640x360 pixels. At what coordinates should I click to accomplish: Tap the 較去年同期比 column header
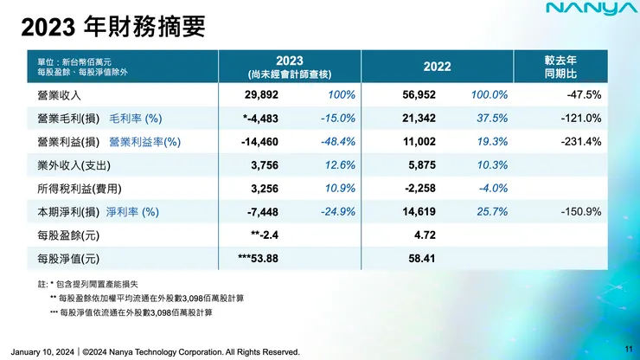(x=573, y=67)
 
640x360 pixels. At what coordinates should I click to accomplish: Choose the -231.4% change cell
(x=581, y=141)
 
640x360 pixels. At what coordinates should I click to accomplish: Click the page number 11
(x=628, y=347)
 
